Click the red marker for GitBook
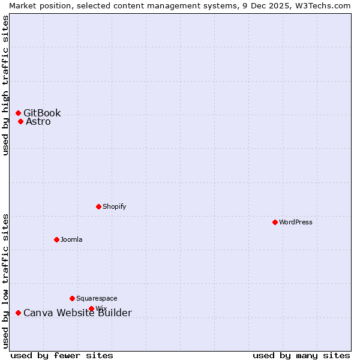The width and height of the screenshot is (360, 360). click(x=18, y=113)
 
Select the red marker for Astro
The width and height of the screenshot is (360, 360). click(x=20, y=121)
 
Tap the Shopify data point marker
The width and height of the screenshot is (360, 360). click(x=98, y=206)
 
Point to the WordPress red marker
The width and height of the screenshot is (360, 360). click(x=275, y=222)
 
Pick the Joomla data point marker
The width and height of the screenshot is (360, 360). click(x=56, y=239)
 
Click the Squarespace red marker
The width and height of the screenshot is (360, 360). click(x=72, y=298)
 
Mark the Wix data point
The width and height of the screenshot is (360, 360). click(x=91, y=308)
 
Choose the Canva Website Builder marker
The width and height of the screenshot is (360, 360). click(x=18, y=313)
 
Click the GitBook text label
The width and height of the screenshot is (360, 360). click(x=42, y=113)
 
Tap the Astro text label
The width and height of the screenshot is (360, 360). click(x=38, y=122)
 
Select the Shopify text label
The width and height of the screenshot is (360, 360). click(x=114, y=206)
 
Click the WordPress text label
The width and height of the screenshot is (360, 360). click(x=295, y=222)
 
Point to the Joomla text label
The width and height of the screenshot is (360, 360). click(x=71, y=239)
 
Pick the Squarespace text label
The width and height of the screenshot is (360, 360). click(x=97, y=298)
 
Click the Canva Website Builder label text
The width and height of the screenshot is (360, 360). click(x=77, y=313)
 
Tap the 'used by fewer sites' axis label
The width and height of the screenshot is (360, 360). click(x=62, y=355)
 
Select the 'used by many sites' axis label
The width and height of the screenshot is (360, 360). click(x=301, y=355)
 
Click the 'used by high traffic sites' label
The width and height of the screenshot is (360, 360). click(x=5, y=85)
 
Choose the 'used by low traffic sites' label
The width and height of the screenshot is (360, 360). click(x=5, y=281)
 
